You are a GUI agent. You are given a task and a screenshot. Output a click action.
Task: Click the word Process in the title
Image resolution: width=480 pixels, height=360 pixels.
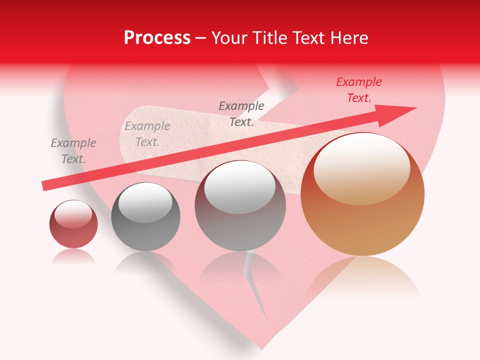pyautogui.click(x=157, y=38)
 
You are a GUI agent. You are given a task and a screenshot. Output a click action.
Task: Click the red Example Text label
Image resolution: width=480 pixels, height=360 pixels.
pyautogui.click(x=358, y=90)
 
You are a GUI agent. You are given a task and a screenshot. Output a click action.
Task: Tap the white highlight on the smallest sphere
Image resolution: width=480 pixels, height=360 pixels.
pyautogui.click(x=73, y=214)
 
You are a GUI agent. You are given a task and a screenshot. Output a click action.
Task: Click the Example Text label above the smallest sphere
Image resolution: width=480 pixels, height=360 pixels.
pyautogui.click(x=73, y=150)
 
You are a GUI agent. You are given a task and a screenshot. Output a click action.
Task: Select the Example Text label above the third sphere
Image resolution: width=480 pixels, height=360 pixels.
pyautogui.click(x=241, y=113)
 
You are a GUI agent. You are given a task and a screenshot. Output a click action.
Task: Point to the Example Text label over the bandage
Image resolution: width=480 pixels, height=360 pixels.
pyautogui.click(x=147, y=134)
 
